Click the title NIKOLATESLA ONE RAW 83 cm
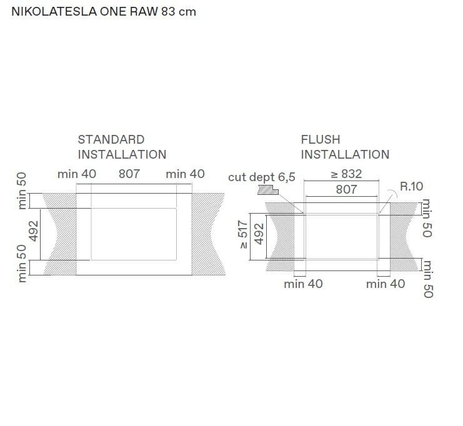(104, 11)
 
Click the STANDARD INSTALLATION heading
(122, 147)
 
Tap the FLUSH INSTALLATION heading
(345, 147)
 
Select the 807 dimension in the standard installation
(129, 174)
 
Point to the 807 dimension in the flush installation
(346, 189)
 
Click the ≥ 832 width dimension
(346, 174)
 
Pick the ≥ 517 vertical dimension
(243, 234)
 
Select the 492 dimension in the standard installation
(34, 231)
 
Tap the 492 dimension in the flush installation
(259, 234)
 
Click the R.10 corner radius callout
(411, 186)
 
